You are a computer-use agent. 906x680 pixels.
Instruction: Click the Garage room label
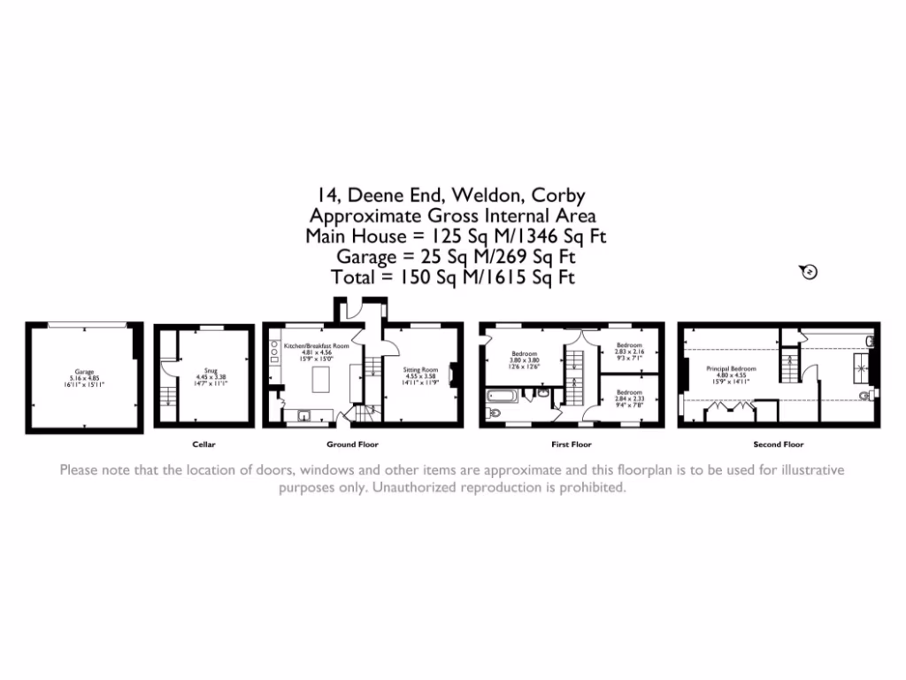point(84,372)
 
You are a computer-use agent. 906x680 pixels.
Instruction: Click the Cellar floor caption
point(203,444)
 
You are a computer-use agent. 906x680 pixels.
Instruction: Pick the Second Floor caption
point(779,444)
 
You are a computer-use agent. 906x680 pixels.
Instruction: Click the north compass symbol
point(809,272)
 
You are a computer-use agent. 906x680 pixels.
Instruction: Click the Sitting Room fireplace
point(455,375)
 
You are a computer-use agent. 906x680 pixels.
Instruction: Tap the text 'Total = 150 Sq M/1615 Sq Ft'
point(453,277)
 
